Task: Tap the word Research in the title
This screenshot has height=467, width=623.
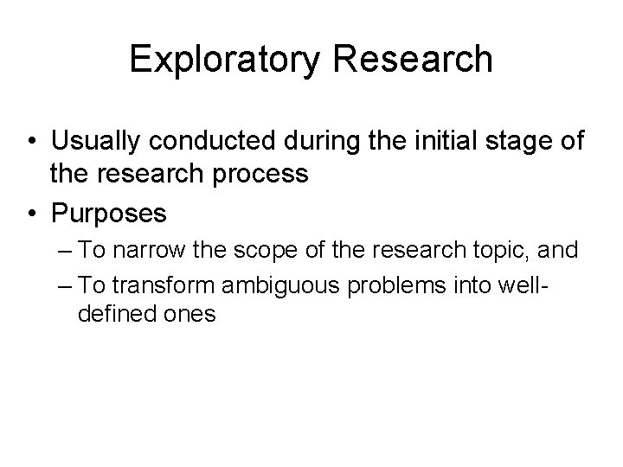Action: click(413, 60)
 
